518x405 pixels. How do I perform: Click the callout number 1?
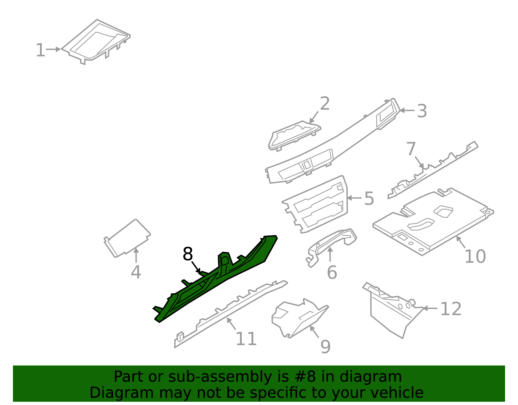40,50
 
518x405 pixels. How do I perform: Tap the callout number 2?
325,103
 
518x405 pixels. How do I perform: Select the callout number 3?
422,111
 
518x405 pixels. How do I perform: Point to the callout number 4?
136,272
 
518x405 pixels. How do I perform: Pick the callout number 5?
369,198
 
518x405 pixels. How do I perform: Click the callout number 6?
332,272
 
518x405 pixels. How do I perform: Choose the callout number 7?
411,149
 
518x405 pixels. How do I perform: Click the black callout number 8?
187,254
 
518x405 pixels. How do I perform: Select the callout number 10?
475,256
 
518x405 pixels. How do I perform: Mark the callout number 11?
246,339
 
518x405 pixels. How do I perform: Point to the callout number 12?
451,309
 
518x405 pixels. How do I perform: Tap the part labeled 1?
96,42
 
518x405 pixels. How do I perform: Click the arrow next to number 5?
355,198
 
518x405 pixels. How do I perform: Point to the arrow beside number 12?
430,308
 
